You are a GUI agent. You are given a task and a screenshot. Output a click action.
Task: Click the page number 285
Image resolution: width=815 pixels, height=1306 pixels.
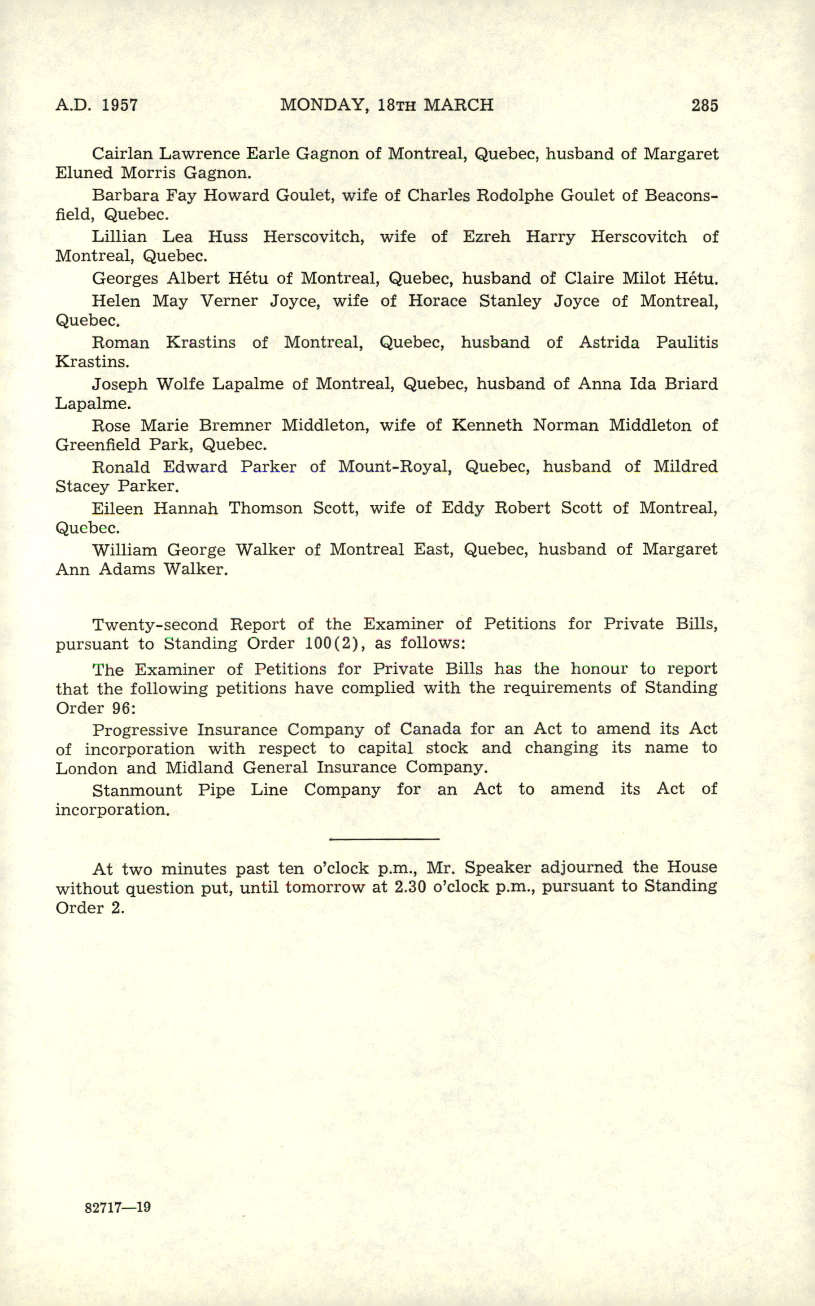pos(705,105)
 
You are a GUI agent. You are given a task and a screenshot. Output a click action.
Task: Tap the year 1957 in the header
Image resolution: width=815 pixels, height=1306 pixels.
pos(119,105)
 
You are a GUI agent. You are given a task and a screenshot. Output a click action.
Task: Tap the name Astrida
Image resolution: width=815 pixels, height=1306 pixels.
pos(609,342)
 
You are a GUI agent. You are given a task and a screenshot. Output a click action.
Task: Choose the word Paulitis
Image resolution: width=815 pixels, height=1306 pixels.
pos(687,342)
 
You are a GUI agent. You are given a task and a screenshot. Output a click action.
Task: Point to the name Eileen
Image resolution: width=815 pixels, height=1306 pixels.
pos(117,508)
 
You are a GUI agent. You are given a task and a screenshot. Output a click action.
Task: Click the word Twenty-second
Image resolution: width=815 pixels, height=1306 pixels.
pos(155,625)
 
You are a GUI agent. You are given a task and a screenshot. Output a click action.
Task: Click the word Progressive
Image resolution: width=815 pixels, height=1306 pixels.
pos(139,730)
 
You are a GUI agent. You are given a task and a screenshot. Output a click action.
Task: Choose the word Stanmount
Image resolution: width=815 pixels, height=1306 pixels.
pos(137,790)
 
